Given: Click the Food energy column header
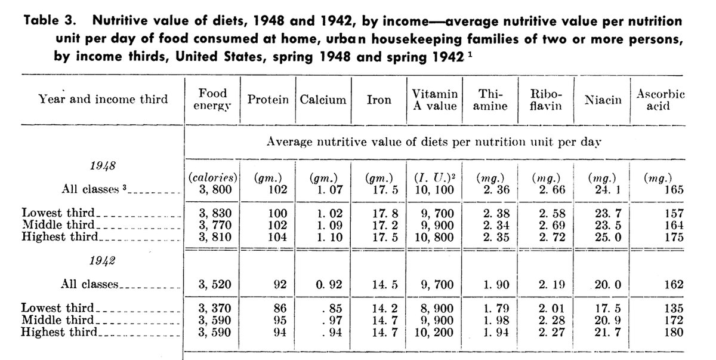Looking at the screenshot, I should (213, 100).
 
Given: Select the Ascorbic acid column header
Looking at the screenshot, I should (661, 100).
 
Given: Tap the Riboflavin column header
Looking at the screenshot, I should (541, 100).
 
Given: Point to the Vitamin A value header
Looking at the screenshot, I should (434, 100).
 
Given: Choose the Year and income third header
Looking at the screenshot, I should (103, 99).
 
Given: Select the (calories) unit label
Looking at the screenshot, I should (213, 178).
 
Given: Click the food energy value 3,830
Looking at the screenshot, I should (213, 213).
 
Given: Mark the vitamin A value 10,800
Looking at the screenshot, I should (434, 236).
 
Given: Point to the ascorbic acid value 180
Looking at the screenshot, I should (673, 332).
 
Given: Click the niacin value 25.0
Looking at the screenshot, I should (604, 236).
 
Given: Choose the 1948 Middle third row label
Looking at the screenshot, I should (58, 224).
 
